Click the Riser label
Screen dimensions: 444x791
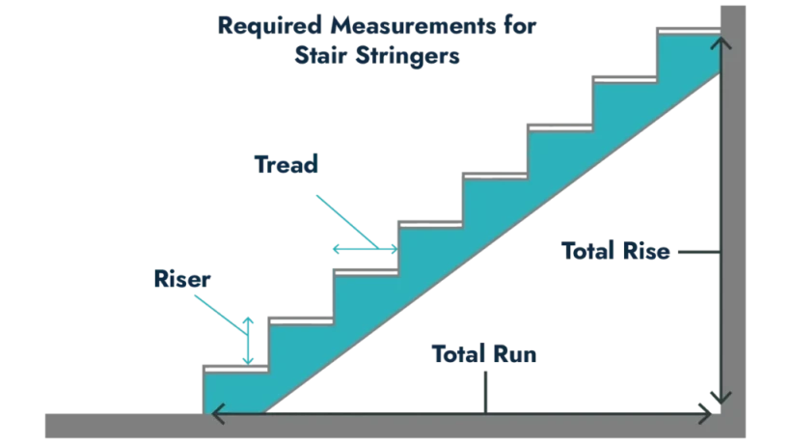click(x=185, y=279)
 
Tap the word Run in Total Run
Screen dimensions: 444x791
click(x=516, y=352)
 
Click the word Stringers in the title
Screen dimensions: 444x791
click(x=415, y=57)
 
